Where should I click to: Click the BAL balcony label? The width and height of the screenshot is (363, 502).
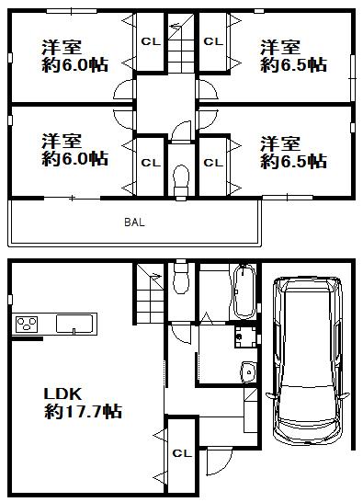tap(135, 222)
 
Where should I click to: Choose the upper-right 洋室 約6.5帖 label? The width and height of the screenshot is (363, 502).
tap(293, 56)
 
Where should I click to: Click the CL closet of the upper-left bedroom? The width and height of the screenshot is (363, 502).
tap(149, 42)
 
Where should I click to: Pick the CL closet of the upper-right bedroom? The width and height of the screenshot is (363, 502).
tap(213, 42)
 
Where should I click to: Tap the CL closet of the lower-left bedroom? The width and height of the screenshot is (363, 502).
tap(149, 163)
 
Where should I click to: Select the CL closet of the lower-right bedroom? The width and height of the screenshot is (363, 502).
tap(213, 163)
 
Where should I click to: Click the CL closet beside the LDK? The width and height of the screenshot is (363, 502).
tap(181, 453)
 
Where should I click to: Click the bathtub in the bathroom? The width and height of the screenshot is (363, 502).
tap(244, 291)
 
